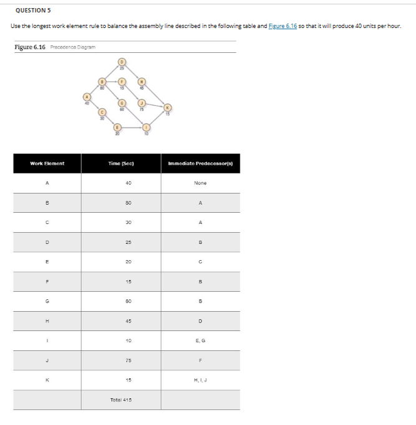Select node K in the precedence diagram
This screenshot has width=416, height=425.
pyautogui.click(x=167, y=107)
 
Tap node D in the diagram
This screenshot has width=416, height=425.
pyautogui.click(x=122, y=62)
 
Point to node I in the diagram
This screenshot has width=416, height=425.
pyautogui.click(x=145, y=126)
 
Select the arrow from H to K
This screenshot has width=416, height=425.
pyautogui.click(x=154, y=93)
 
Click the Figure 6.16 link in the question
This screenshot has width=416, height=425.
pyautogui.click(x=283, y=26)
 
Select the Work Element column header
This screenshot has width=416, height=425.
pyautogui.click(x=47, y=163)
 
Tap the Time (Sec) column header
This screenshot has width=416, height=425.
pyautogui.click(x=121, y=163)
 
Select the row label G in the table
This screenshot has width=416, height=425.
pyautogui.click(x=47, y=301)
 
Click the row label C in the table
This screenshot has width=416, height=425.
pyautogui.click(x=47, y=222)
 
